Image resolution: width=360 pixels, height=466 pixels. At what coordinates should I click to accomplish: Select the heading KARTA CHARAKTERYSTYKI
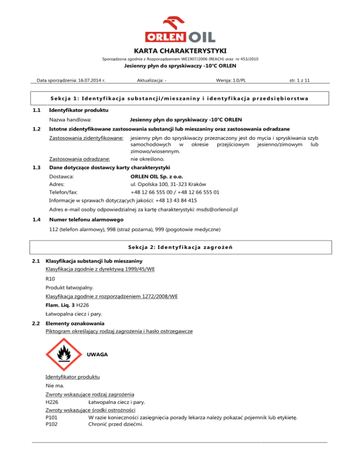(180, 51)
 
